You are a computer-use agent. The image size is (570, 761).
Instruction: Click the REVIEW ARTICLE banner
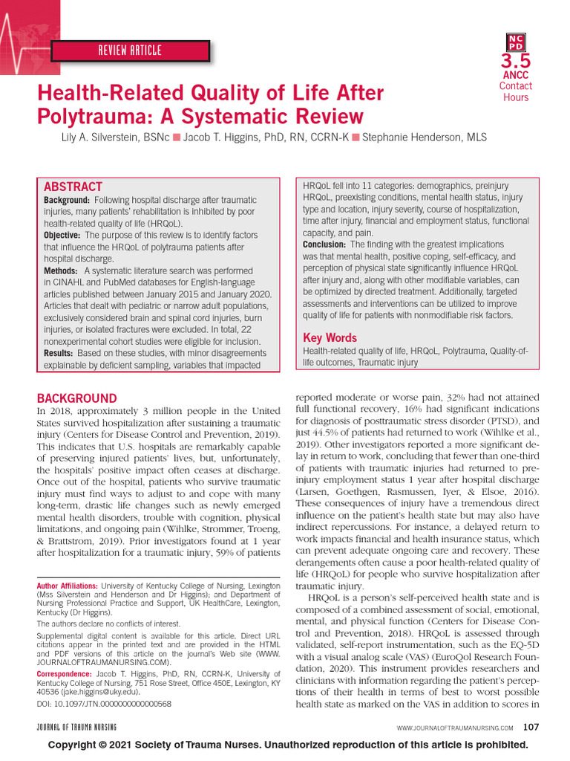coord(130,51)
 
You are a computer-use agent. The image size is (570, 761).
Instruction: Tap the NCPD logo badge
coord(515,42)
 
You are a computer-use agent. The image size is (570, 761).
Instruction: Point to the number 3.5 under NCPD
coord(515,60)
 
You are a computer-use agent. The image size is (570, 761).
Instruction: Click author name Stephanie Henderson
coord(421,137)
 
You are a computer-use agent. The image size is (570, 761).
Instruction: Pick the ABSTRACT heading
coord(73,187)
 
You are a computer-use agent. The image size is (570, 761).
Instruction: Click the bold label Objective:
coord(62,235)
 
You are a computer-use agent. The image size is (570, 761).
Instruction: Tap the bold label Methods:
coord(61,271)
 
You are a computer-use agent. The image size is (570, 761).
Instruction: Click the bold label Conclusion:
coord(324,245)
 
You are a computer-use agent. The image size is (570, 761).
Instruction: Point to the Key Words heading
coord(330,337)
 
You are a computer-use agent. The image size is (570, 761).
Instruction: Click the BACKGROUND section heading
coord(76,398)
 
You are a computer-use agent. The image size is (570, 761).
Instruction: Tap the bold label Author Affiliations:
coord(68,586)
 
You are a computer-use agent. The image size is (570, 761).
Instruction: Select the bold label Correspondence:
coord(65,673)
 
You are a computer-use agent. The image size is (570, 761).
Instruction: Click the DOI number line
coord(104,702)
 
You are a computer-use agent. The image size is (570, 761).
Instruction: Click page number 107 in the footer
coord(531,726)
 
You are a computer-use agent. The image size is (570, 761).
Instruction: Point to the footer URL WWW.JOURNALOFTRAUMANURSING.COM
coord(454,727)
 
